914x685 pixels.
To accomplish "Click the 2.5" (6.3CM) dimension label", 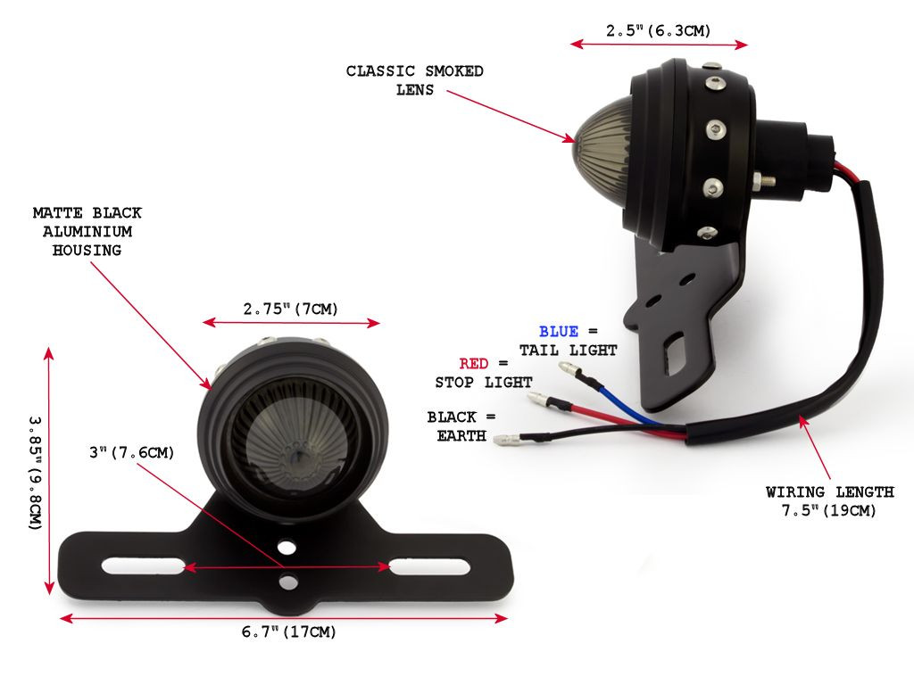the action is [x=658, y=31].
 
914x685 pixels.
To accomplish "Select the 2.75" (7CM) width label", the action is [x=290, y=309].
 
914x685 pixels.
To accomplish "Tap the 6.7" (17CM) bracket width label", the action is [x=288, y=632].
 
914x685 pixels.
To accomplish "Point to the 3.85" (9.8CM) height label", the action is [x=36, y=473].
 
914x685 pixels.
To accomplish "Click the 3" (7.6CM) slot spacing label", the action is [x=132, y=452].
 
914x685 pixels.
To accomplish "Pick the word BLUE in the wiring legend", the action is [x=559, y=332].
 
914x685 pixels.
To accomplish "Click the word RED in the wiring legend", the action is [x=473, y=364].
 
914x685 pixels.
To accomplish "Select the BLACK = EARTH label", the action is [x=461, y=426].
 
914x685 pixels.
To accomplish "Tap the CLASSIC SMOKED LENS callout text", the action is [x=414, y=80].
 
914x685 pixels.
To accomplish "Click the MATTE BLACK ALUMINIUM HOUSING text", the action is [x=87, y=232].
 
